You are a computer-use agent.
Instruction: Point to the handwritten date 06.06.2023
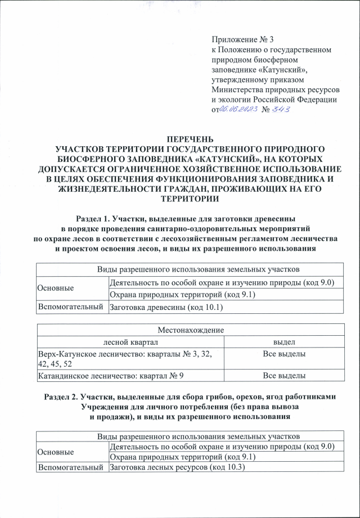pyautogui.click(x=238, y=110)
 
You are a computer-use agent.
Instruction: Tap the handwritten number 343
pyautogui.click(x=280, y=110)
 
